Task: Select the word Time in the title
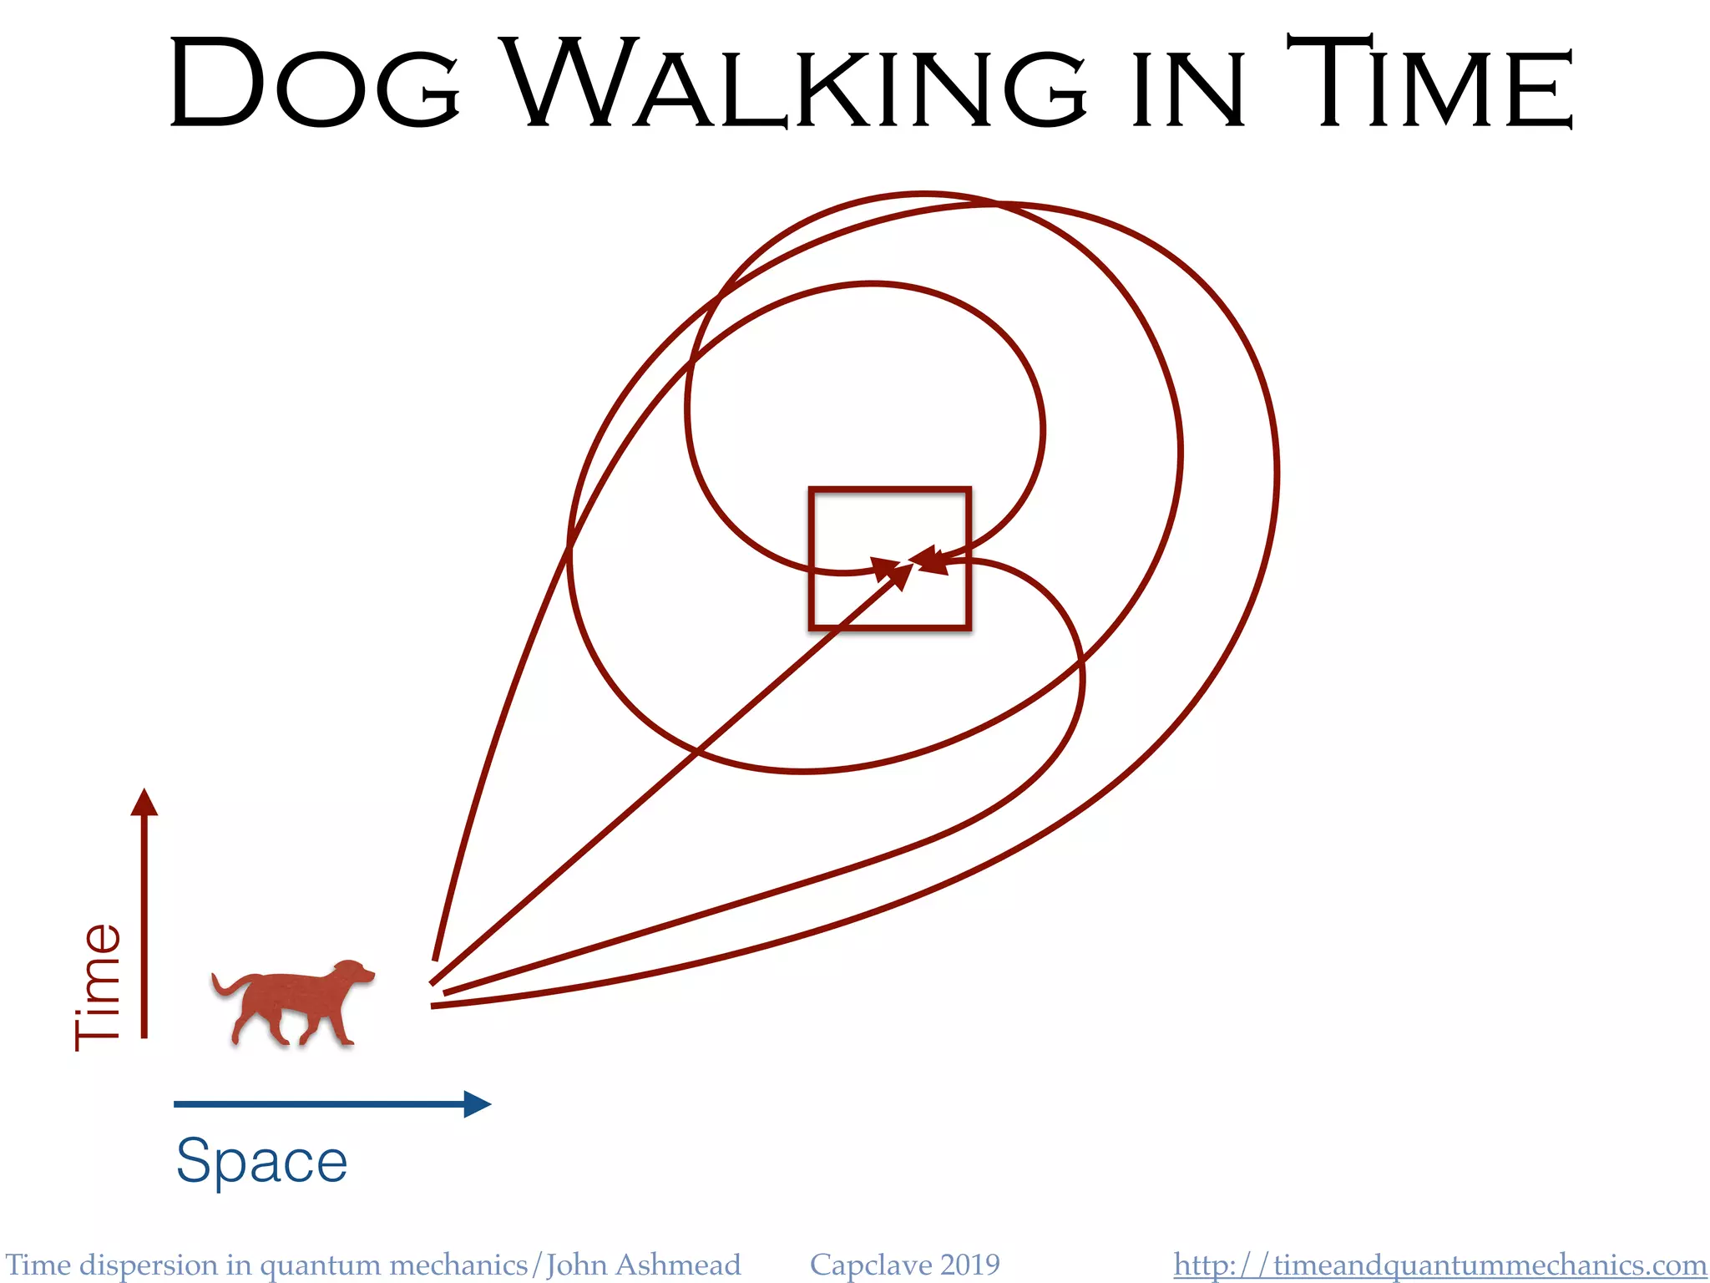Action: (x=1429, y=84)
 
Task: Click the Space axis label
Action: (x=261, y=1161)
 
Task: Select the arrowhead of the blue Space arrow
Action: (x=477, y=1103)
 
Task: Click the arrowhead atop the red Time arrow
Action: (x=144, y=802)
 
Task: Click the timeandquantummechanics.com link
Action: (x=1439, y=1265)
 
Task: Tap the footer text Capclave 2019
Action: (x=904, y=1265)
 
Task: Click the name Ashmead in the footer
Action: (x=677, y=1265)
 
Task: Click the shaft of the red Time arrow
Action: (x=144, y=927)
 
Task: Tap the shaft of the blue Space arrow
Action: (x=317, y=1103)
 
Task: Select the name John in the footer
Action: (x=576, y=1265)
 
